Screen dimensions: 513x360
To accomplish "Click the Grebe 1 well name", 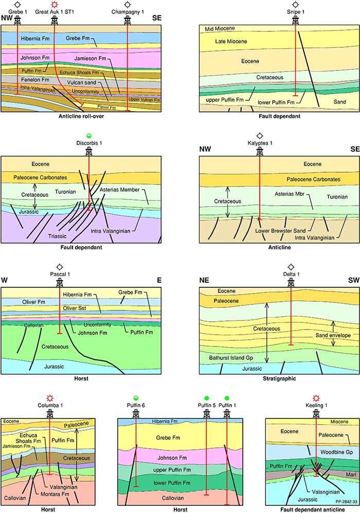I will click(x=18, y=11).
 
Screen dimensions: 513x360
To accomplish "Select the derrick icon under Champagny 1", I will click(x=128, y=20).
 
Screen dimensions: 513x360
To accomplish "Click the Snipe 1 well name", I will click(x=295, y=11).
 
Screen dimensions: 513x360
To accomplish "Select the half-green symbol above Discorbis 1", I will click(x=89, y=135).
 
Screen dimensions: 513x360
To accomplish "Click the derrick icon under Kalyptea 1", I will click(x=260, y=152).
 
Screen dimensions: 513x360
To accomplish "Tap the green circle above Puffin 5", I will click(x=207, y=398).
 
